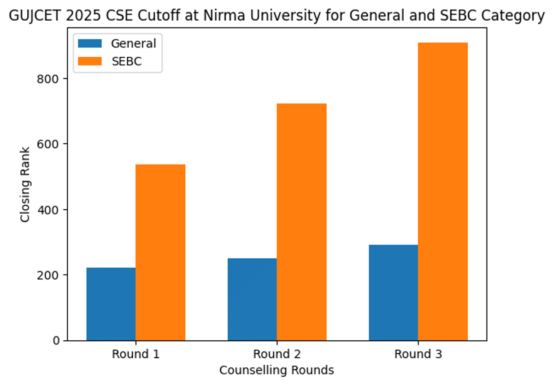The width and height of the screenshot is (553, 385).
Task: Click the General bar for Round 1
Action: (x=111, y=304)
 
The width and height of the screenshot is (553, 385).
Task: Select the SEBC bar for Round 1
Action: (x=160, y=252)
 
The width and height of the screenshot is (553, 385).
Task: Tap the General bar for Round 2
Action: (x=252, y=299)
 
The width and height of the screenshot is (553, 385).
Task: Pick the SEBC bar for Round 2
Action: (x=301, y=222)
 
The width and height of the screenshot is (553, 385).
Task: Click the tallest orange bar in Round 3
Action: (x=442, y=191)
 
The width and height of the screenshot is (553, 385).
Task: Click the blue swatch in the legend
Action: (x=90, y=44)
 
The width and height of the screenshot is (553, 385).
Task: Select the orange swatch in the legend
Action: (x=90, y=61)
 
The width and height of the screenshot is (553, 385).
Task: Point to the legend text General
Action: (x=133, y=44)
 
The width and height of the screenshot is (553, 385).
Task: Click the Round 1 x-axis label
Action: (x=135, y=354)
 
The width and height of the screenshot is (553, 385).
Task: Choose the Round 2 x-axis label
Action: (x=276, y=354)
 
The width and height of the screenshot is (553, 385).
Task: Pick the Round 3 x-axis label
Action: (x=418, y=354)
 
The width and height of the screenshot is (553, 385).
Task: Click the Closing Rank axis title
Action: (x=25, y=184)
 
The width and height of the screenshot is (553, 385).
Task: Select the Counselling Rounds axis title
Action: (x=276, y=370)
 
